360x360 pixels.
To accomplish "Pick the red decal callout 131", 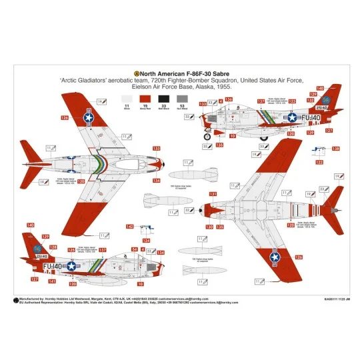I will pyautogui.click(x=213, y=195).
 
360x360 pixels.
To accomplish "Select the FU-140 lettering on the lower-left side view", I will pyautogui.click(x=53, y=265).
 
